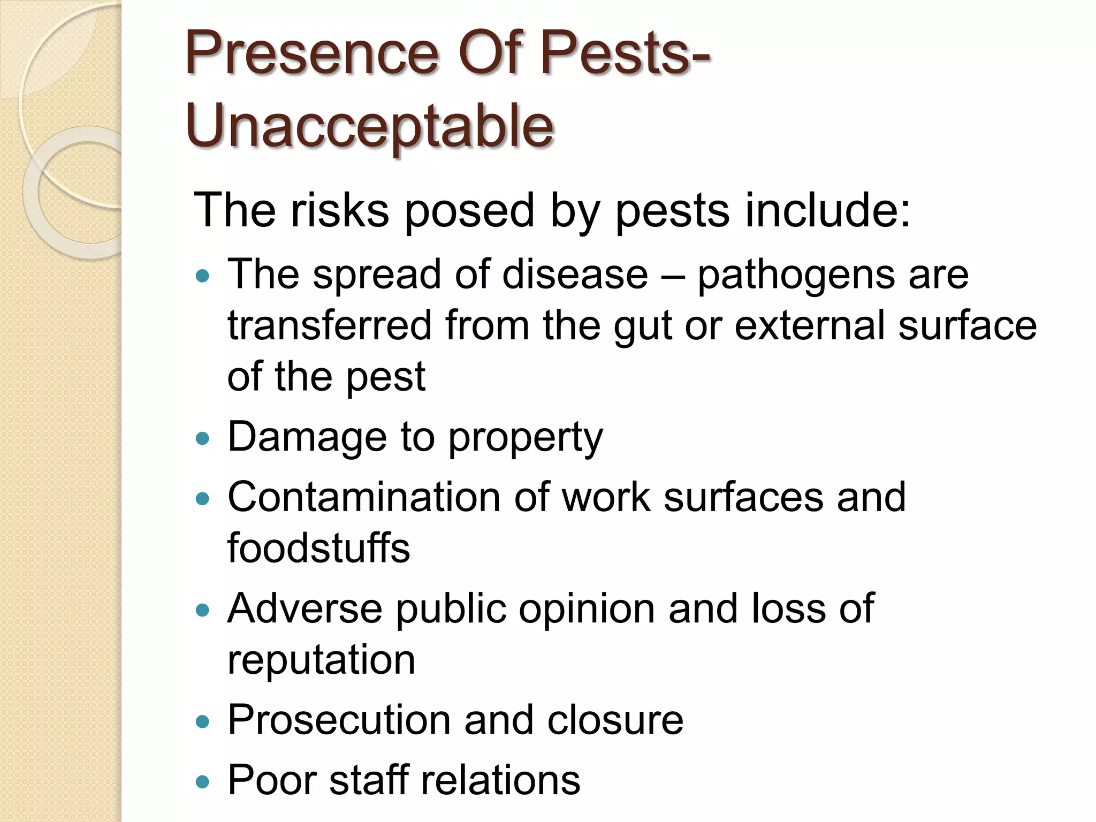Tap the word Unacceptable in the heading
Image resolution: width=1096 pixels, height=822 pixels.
pos(369,126)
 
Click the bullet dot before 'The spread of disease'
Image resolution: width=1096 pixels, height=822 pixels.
pos(202,277)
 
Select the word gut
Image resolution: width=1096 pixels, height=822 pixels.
pos(642,327)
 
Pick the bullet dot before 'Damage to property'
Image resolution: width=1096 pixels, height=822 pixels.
pos(202,439)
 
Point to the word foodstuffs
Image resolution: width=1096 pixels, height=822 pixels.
pos(318,548)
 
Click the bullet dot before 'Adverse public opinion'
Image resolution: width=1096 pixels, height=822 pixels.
pos(202,610)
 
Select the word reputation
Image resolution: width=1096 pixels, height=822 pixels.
pos(321,661)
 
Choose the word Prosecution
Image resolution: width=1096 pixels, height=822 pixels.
pos(339,720)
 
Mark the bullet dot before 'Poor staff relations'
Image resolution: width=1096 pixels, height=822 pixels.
pos(202,782)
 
